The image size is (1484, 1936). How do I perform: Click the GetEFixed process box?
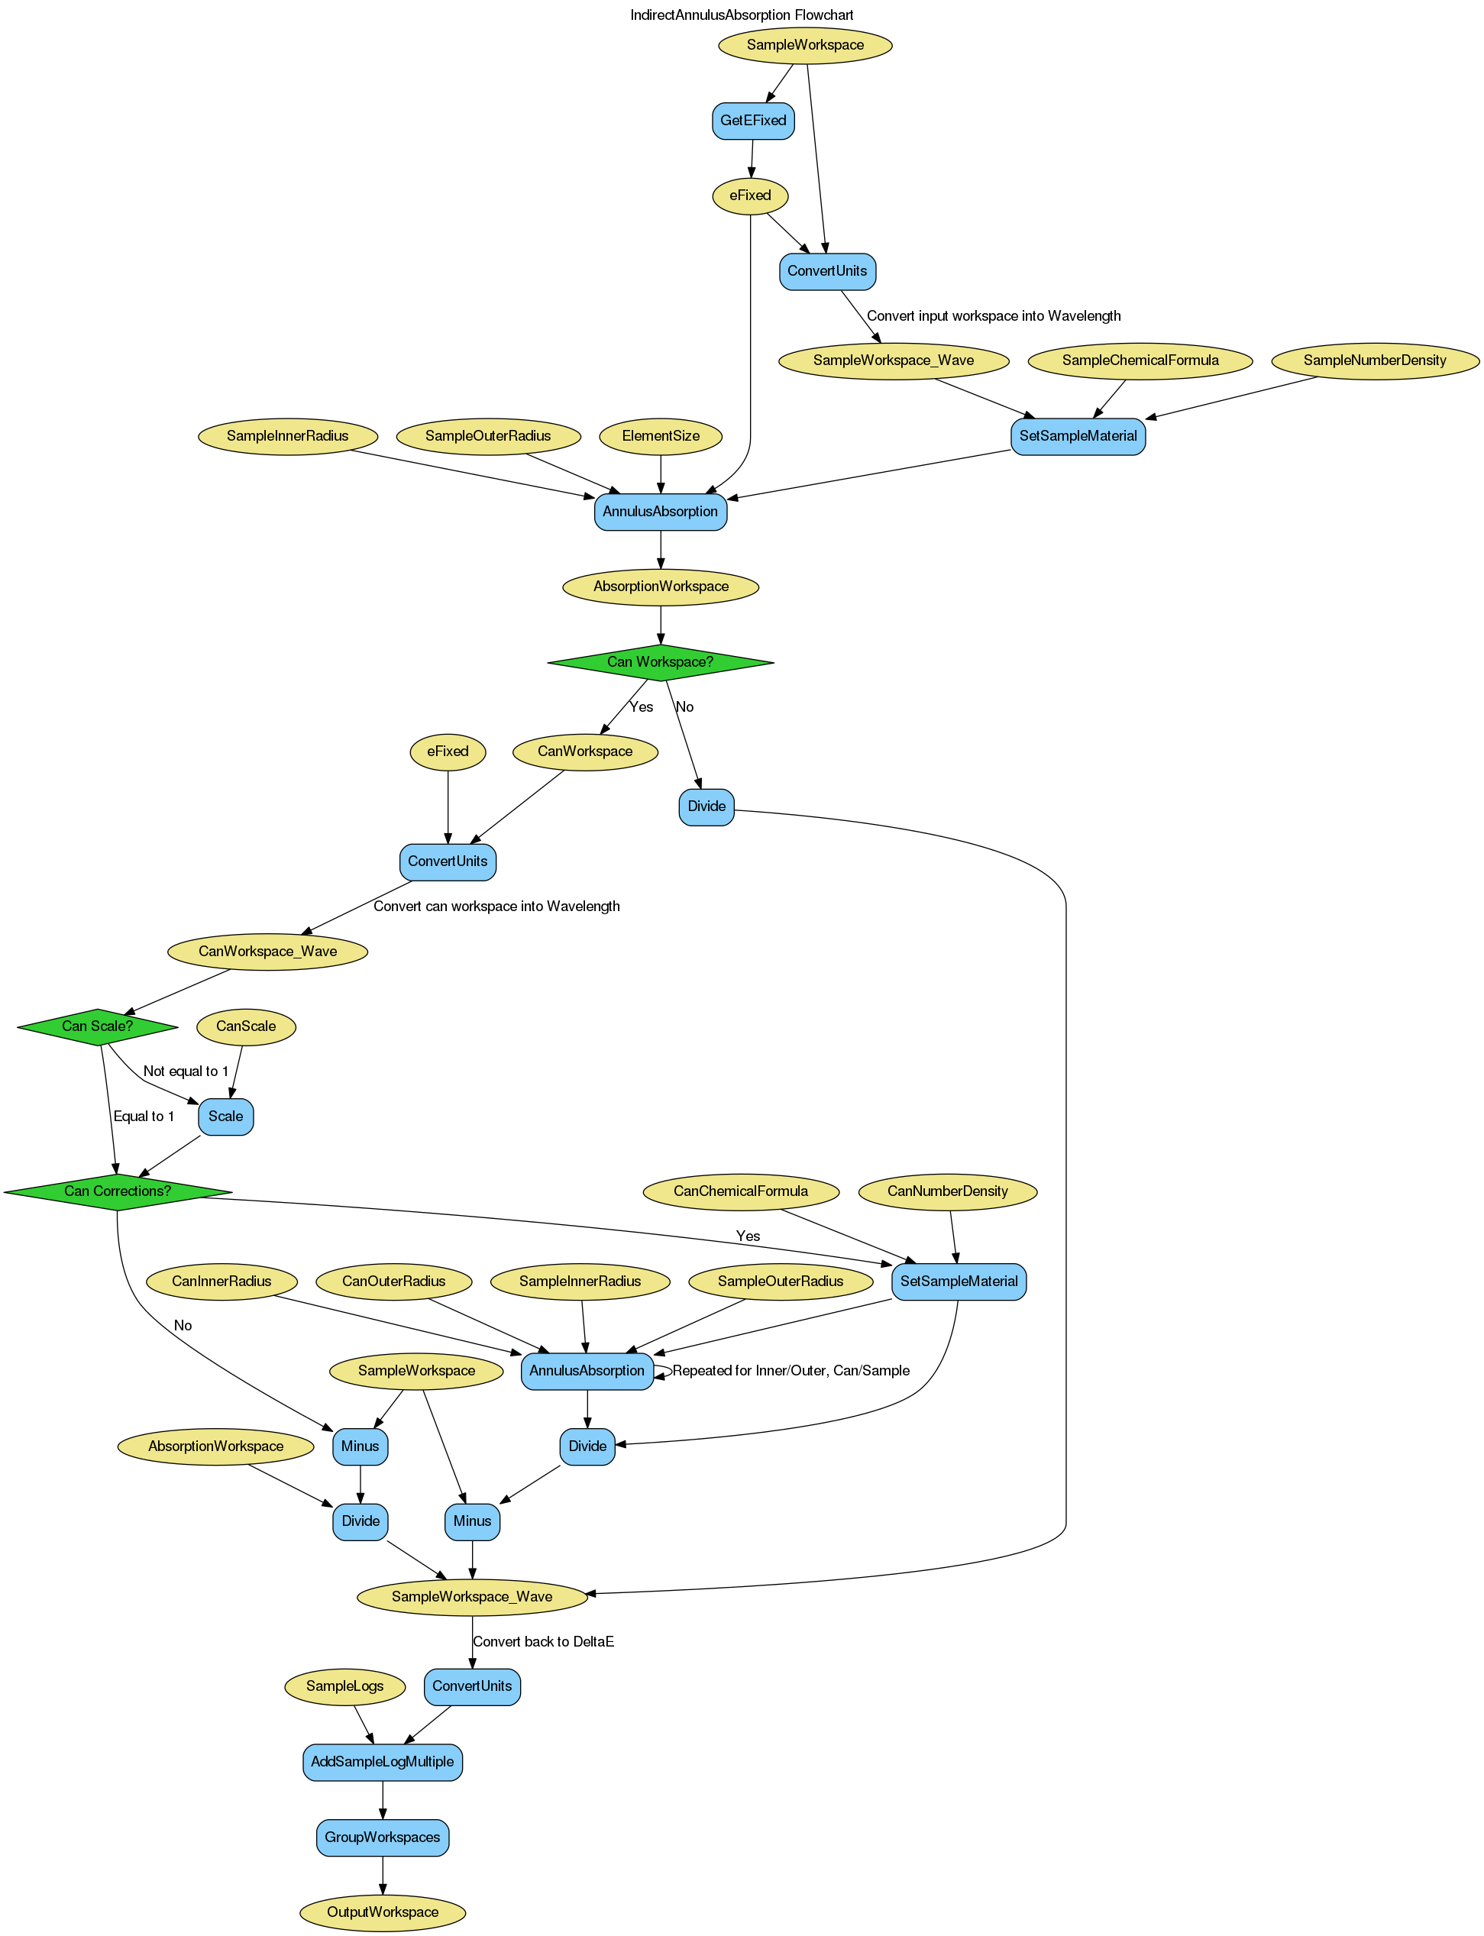point(752,120)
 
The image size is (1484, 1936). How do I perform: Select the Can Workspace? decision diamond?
point(660,661)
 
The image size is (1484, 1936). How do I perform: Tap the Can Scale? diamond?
point(97,1026)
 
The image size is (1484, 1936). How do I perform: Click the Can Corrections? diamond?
point(118,1191)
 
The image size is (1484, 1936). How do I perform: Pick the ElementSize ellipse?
point(661,435)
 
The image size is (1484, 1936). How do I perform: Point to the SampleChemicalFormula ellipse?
point(1140,360)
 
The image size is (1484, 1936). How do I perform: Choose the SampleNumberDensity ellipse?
point(1375,360)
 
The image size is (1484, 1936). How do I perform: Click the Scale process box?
point(225,1117)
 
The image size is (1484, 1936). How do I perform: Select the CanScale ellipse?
point(246,1026)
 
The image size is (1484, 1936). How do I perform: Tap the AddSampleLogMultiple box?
point(382,1761)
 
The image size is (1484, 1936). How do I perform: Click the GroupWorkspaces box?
point(382,1837)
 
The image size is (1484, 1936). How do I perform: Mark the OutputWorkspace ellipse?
point(382,1912)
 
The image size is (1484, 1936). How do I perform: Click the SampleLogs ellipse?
point(344,1686)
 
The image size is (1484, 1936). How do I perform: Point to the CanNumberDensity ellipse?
point(947,1191)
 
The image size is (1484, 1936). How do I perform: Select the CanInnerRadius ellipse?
point(221,1281)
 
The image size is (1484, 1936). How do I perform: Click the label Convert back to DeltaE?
point(543,1642)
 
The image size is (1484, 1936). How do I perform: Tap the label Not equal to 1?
point(186,1071)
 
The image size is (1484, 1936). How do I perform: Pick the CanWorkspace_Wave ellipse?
point(267,952)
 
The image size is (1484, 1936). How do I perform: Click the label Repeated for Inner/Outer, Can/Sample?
point(790,1371)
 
